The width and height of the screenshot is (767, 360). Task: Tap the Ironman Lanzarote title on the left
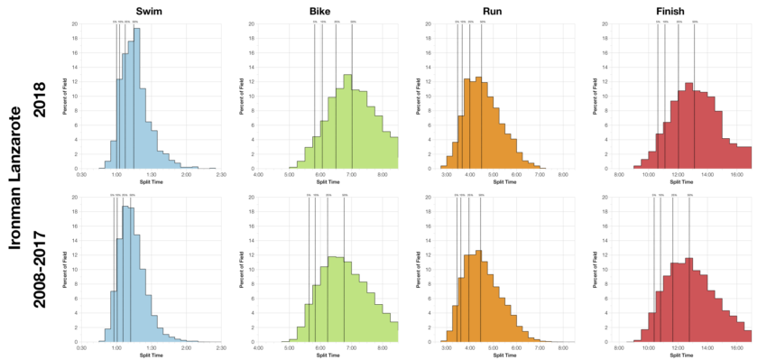[x=14, y=180]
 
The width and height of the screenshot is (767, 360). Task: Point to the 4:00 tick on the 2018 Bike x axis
[x=258, y=175]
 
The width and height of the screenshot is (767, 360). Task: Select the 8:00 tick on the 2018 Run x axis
[x=562, y=175]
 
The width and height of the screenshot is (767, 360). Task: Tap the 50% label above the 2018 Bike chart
[x=336, y=20]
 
